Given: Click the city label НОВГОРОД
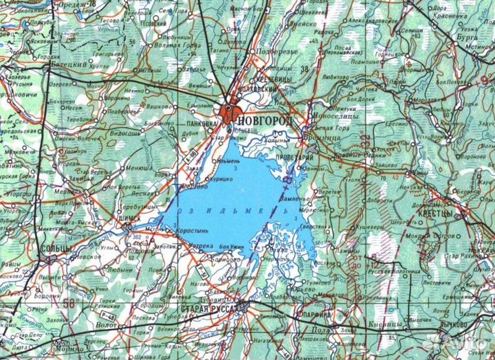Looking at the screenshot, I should coord(267,122).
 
